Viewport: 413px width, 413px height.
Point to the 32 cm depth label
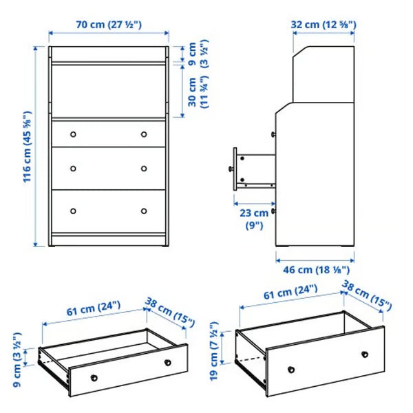pos(323,24)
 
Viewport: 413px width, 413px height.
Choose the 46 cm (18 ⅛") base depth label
pos(315,271)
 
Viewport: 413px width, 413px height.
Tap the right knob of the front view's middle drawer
pos(144,168)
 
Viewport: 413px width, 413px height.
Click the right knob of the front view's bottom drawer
pos(144,211)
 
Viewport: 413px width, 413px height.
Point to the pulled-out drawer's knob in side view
pos(229,167)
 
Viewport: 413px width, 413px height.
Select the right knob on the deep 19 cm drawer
pos(364,354)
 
